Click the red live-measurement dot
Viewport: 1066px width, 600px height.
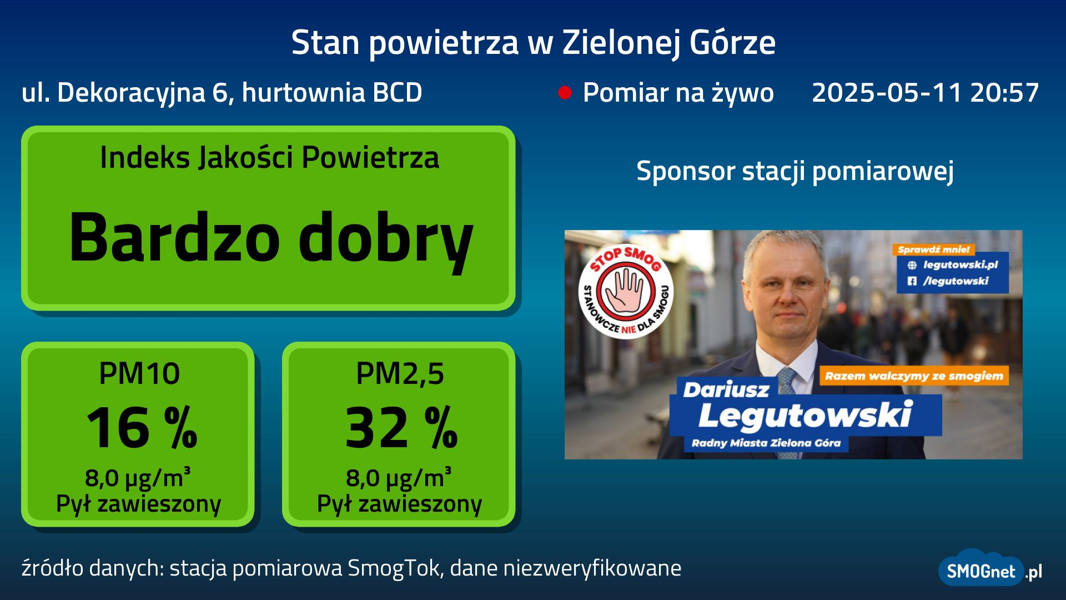click(565, 92)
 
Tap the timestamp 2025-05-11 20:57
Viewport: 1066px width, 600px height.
click(925, 92)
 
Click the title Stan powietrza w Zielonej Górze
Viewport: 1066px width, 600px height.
click(533, 42)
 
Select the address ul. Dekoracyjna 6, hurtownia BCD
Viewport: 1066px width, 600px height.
click(222, 93)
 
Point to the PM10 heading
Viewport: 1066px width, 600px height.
click(139, 373)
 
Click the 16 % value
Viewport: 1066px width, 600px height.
click(142, 427)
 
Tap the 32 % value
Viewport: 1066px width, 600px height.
click(401, 427)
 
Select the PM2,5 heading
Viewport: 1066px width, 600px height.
click(400, 374)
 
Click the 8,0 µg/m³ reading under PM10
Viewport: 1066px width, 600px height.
click(138, 477)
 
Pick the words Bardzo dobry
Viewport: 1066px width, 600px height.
click(271, 238)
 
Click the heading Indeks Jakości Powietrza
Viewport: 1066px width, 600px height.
click(269, 157)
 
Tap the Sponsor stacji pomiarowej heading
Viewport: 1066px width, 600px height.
click(795, 171)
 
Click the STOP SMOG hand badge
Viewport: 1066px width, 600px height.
click(626, 291)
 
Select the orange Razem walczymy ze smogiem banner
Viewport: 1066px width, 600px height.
click(914, 376)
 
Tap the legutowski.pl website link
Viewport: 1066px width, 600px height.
click(960, 265)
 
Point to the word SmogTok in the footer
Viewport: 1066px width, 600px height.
click(393, 568)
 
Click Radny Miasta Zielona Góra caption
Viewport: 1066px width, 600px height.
click(766, 443)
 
